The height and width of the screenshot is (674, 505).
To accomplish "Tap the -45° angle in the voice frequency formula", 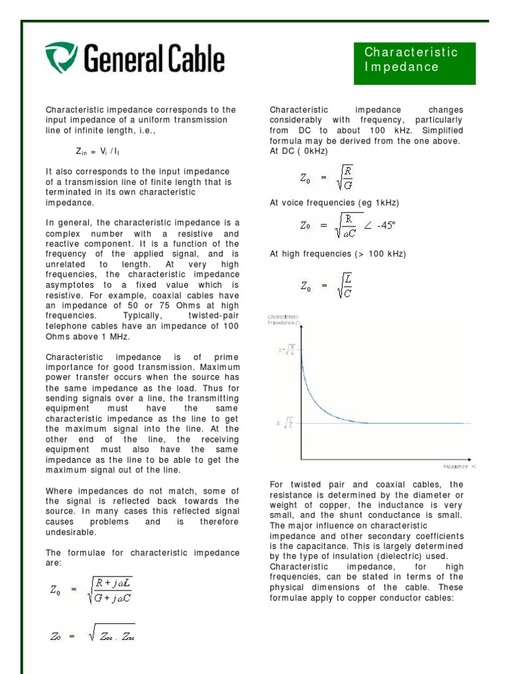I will [384, 226].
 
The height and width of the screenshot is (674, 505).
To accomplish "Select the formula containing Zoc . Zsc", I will [92, 635].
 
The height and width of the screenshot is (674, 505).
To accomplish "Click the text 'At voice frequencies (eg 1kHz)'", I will [334, 203].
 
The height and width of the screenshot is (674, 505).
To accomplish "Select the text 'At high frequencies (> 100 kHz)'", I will [337, 253].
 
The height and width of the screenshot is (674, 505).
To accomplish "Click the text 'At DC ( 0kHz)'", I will [299, 151].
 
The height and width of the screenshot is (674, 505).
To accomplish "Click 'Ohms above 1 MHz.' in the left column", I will [87, 336].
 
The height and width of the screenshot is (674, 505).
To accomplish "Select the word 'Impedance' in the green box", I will [401, 67].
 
